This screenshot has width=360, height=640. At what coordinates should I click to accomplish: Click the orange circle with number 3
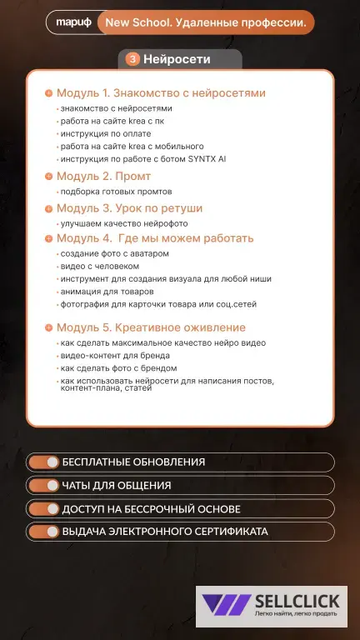[132, 59]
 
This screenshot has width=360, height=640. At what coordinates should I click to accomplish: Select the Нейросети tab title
[177, 59]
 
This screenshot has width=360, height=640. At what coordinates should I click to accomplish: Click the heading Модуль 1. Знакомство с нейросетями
[161, 93]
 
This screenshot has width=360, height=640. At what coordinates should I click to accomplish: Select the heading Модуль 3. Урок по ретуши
[129, 208]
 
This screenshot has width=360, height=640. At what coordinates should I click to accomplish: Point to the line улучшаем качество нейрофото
[124, 223]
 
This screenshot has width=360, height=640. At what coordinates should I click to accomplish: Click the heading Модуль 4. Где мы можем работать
[155, 238]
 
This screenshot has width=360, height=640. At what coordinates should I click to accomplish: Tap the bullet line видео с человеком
[94, 266]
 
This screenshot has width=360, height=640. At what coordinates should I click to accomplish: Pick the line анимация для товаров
[107, 292]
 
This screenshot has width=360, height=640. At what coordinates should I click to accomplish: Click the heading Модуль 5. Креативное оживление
[151, 327]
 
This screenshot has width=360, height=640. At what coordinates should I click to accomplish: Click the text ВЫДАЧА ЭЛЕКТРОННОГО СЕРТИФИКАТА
[165, 532]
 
